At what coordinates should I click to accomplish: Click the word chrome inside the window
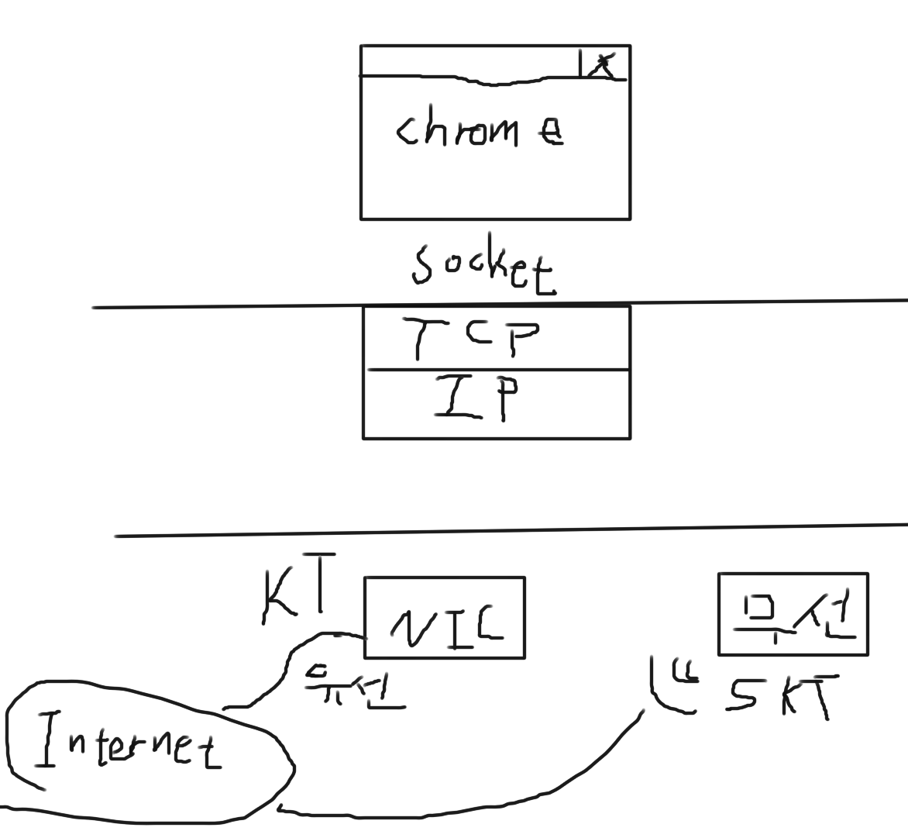479,130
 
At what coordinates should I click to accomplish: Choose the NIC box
444,618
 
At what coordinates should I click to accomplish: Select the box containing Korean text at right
793,614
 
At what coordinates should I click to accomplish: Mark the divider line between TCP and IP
497,371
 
